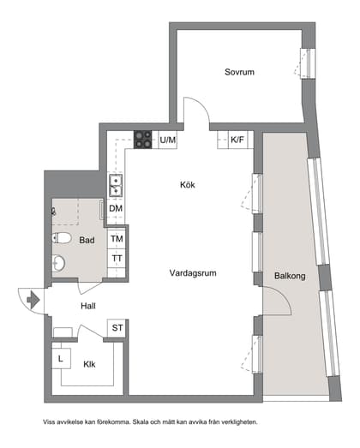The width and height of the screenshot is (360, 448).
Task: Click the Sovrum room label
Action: pyautogui.click(x=240, y=72)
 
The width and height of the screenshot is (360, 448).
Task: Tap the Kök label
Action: pyautogui.click(x=188, y=184)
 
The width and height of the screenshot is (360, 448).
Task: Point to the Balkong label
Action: pyautogui.click(x=289, y=276)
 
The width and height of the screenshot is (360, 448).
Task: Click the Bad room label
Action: pyautogui.click(x=87, y=241)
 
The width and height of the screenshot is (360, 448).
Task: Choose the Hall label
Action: pyautogui.click(x=88, y=305)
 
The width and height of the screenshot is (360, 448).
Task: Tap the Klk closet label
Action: pyautogui.click(x=89, y=364)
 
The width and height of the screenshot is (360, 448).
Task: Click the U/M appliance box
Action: pyautogui.click(x=167, y=140)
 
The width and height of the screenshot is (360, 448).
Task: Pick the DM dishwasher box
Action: pyautogui.click(x=116, y=208)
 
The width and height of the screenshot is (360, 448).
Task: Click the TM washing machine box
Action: pyautogui.click(x=117, y=239)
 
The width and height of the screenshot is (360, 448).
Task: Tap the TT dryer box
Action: pyautogui.click(x=117, y=259)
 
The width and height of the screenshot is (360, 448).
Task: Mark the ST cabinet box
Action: pyautogui.click(x=117, y=328)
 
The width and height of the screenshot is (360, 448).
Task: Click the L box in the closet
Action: pyautogui.click(x=61, y=359)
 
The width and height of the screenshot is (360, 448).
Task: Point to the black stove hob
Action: pyautogui.click(x=143, y=140)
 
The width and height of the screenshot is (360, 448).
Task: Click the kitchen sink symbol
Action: pyautogui.click(x=114, y=184)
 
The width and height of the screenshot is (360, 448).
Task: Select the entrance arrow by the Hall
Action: pyautogui.click(x=33, y=301)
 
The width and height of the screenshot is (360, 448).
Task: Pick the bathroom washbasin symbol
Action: pyautogui.click(x=58, y=263)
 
